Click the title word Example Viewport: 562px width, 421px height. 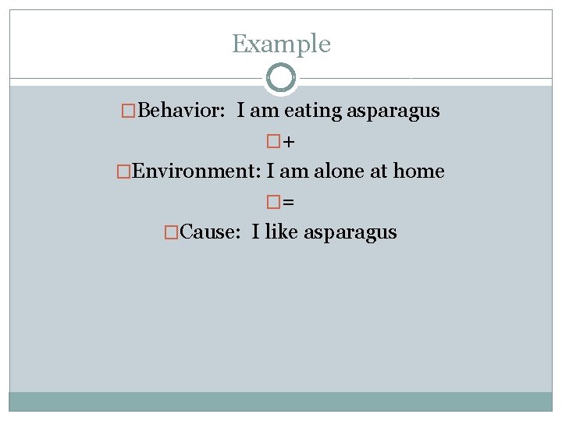tap(281, 44)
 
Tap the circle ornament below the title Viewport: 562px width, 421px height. tap(281, 78)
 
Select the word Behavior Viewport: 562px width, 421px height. tap(179, 111)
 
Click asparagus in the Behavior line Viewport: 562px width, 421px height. tap(393, 111)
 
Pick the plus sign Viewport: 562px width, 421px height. tap(289, 142)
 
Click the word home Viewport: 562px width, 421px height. tap(418, 171)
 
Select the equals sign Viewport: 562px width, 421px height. tap(289, 203)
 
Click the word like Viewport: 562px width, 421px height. tap(282, 232)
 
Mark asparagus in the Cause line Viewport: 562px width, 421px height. tap(350, 232)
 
